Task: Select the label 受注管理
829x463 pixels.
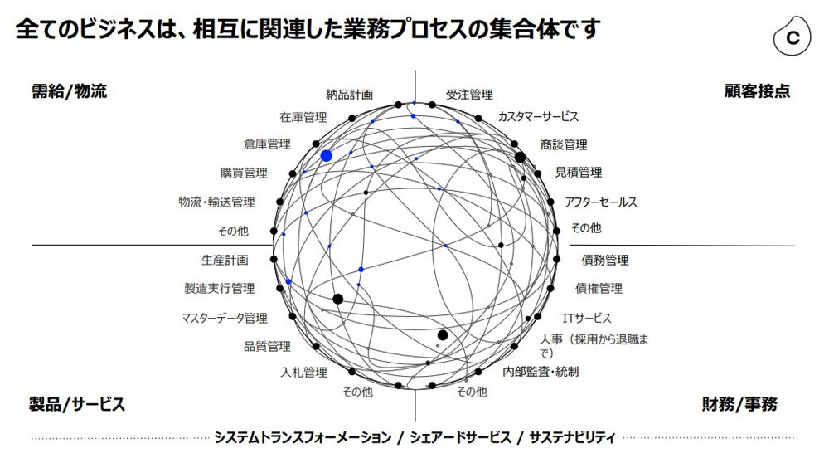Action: (469, 95)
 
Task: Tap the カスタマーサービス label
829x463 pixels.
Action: (538, 117)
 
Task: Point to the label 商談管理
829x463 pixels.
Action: (564, 144)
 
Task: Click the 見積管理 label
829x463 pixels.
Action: (579, 173)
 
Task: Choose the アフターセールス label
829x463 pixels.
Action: (601, 202)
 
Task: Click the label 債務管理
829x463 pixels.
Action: (605, 261)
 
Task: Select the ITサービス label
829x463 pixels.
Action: (587, 318)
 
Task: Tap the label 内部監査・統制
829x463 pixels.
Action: (541, 371)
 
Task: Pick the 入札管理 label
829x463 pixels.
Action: (303, 372)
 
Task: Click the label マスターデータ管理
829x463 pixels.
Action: (225, 318)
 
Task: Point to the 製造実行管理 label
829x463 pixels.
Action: (219, 289)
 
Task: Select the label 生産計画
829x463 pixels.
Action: (224, 261)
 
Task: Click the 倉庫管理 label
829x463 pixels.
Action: (267, 144)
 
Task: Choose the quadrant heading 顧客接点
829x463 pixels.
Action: (757, 90)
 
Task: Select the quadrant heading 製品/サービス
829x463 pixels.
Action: (77, 405)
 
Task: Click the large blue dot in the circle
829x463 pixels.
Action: (327, 156)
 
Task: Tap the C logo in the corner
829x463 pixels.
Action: (793, 37)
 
